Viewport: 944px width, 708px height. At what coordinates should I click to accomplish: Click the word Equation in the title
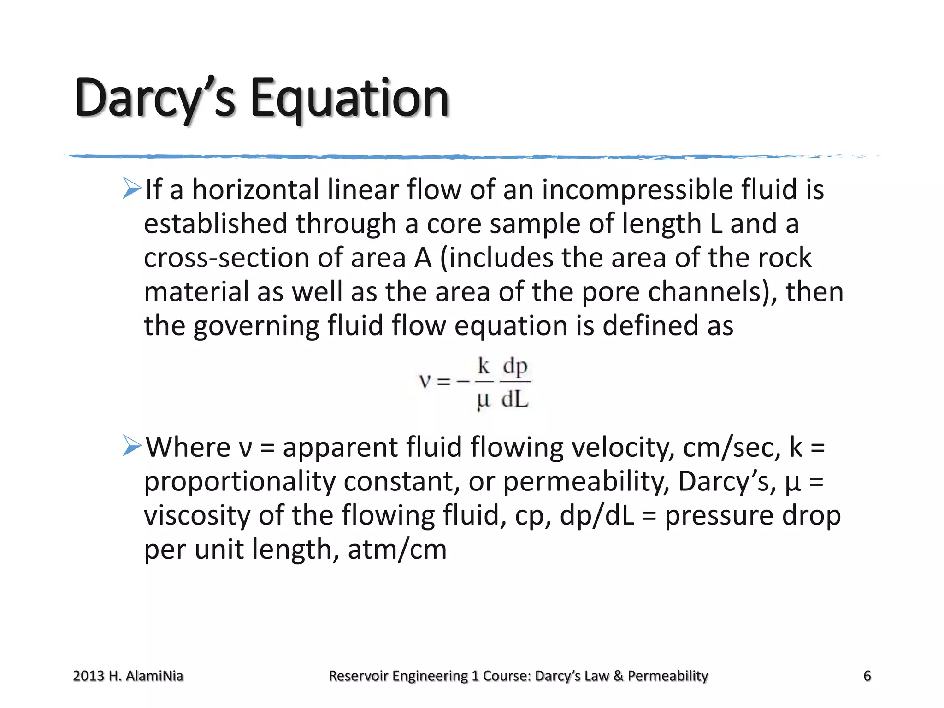pyautogui.click(x=349, y=98)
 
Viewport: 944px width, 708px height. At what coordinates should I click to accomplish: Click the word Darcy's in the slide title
pyautogui.click(x=155, y=98)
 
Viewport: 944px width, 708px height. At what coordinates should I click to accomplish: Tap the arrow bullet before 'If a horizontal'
pyautogui.click(x=132, y=189)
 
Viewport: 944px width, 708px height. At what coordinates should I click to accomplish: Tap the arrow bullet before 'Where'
pyautogui.click(x=132, y=446)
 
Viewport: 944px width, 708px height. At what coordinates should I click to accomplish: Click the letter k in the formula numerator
pyautogui.click(x=484, y=366)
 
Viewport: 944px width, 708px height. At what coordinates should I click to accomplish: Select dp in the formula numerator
pyautogui.click(x=515, y=367)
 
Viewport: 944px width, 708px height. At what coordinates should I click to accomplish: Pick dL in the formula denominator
pyautogui.click(x=515, y=399)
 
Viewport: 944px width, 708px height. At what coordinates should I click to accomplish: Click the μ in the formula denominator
pyautogui.click(x=483, y=400)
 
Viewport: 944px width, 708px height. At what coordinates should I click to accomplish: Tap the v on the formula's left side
pyautogui.click(x=425, y=382)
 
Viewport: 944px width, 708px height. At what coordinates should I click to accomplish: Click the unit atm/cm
pyautogui.click(x=397, y=550)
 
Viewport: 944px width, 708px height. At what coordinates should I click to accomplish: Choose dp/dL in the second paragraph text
pyautogui.click(x=596, y=516)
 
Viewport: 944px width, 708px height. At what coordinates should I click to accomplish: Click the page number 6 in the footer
pyautogui.click(x=867, y=676)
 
